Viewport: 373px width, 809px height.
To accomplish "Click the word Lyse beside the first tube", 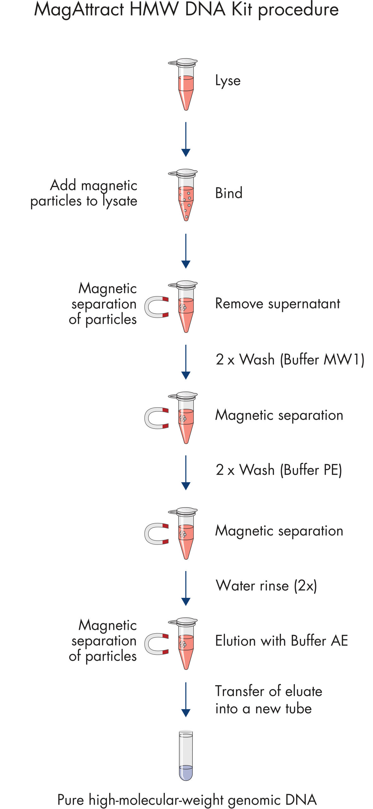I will pyautogui.click(x=228, y=81).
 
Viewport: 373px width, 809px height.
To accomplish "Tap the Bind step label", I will pyautogui.click(x=229, y=193).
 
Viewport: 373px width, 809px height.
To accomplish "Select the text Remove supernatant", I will pyautogui.click(x=277, y=304).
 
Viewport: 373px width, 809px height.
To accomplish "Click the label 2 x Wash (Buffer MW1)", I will pyautogui.click(x=290, y=360).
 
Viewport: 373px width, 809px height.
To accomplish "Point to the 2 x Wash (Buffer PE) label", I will pyautogui.click(x=279, y=470).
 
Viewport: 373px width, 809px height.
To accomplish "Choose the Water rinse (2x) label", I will pyautogui.click(x=266, y=586).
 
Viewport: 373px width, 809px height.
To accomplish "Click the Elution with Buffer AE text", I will pyautogui.click(x=281, y=641).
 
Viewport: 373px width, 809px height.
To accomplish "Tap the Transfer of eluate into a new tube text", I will pyautogui.click(x=269, y=700).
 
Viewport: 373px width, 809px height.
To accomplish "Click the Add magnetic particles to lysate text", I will pyautogui.click(x=84, y=193).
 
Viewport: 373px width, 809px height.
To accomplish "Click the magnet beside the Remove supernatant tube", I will pyautogui.click(x=157, y=307).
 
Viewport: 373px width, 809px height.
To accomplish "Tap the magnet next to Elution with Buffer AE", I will pyautogui.click(x=157, y=644).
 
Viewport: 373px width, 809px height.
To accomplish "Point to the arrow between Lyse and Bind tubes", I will pyautogui.click(x=186, y=139).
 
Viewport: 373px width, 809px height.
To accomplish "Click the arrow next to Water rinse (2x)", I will pyautogui.click(x=186, y=588).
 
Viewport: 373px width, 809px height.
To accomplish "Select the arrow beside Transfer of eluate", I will pyautogui.click(x=186, y=699).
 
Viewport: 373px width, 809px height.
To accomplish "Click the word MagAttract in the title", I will pyautogui.click(x=79, y=9).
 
